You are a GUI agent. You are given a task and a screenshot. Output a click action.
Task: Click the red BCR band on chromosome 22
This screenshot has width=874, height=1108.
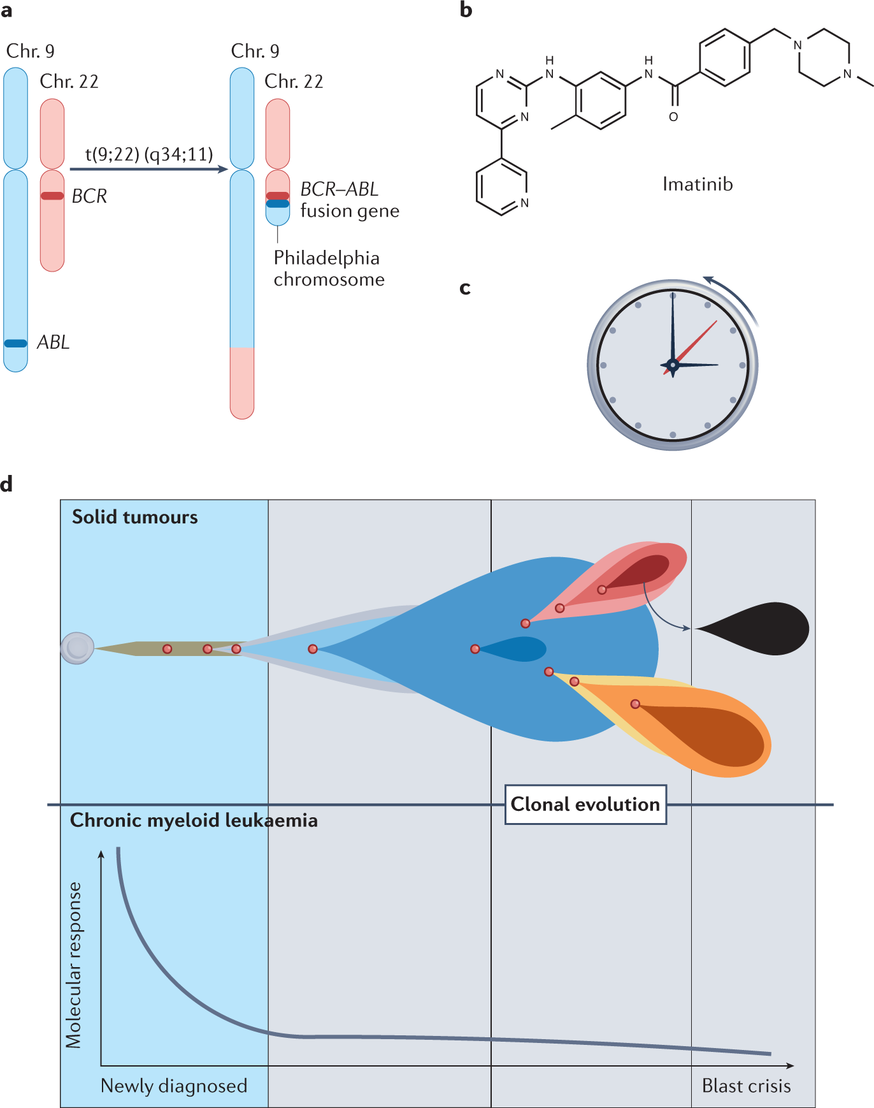click(x=52, y=196)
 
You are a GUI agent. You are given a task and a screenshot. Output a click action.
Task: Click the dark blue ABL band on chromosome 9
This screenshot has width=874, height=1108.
click(x=16, y=343)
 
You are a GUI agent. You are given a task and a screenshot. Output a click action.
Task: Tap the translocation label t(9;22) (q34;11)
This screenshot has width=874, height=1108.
click(x=149, y=154)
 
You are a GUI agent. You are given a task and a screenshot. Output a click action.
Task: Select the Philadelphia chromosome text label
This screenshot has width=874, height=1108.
click(x=329, y=268)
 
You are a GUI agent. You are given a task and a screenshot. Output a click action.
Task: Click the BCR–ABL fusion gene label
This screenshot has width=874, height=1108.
click(x=349, y=200)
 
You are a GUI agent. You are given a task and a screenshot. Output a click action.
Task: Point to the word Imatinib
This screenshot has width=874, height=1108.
click(x=698, y=184)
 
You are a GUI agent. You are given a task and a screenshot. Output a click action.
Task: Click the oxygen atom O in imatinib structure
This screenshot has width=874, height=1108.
click(x=673, y=117)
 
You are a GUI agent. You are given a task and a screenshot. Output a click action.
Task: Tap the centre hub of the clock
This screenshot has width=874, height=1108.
click(x=673, y=365)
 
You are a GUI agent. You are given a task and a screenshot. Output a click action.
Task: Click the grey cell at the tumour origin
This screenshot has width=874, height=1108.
click(x=77, y=648)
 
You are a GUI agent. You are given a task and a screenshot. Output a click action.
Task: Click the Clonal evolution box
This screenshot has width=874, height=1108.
click(x=585, y=805)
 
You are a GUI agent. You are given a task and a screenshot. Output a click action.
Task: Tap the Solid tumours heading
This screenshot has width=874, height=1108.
click(x=135, y=517)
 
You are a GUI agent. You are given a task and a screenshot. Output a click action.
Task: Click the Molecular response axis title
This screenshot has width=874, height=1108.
click(x=74, y=965)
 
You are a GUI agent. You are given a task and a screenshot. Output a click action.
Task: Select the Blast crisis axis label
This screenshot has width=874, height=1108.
click(x=746, y=1086)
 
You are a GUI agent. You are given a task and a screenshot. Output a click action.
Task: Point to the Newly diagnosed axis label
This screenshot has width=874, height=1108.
click(x=174, y=1086)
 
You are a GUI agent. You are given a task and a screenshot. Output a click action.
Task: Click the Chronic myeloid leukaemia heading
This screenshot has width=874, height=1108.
click(x=194, y=820)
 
